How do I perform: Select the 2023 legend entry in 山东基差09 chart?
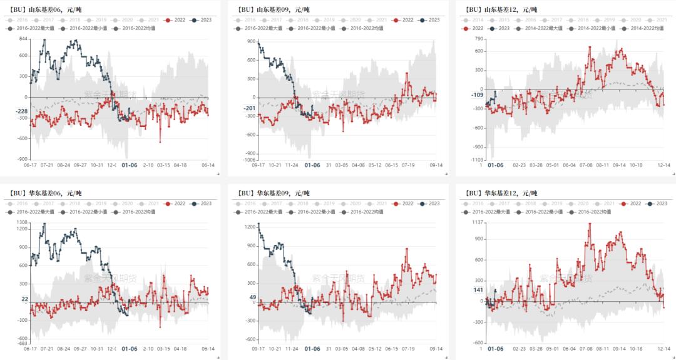431,20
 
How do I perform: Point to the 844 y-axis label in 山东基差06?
23,39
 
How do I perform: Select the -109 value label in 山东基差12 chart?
477,95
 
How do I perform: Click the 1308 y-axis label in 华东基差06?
21,222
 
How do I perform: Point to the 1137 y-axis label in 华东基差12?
477,222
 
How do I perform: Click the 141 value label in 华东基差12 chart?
478,290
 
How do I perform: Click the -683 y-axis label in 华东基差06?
21,344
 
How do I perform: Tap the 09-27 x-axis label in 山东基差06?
80,165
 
